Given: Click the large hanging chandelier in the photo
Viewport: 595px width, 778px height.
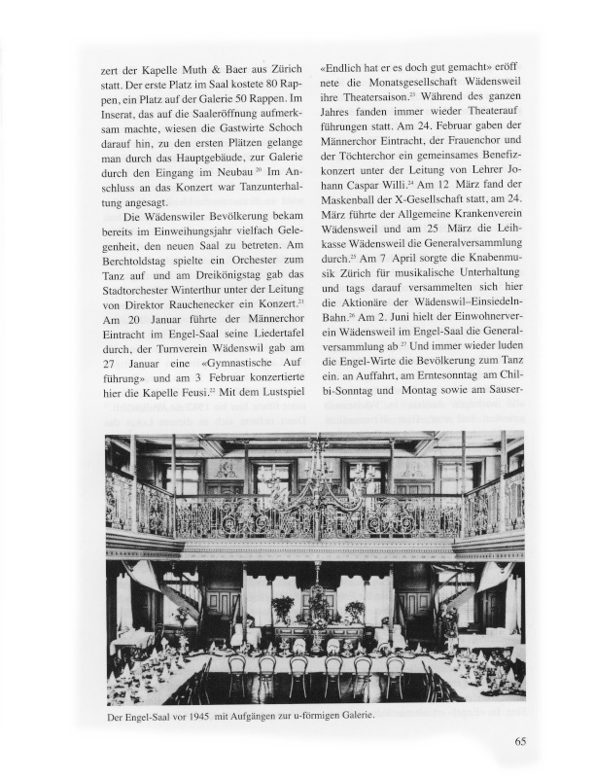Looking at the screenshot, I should click(315, 477).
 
